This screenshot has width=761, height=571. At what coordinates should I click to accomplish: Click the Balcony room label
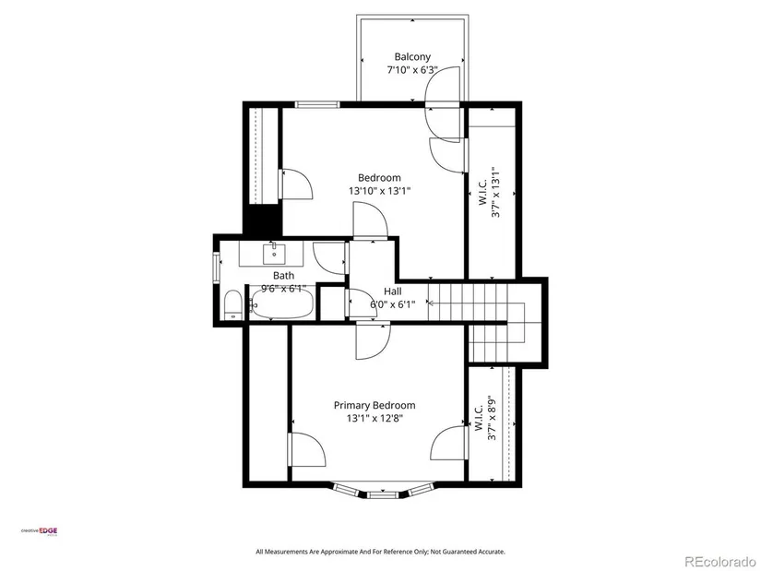(412, 57)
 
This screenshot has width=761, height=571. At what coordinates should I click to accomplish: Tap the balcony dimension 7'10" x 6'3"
(412, 70)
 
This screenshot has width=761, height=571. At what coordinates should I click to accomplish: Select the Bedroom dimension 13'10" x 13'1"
(379, 191)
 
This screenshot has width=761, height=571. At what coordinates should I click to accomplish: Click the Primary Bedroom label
(375, 406)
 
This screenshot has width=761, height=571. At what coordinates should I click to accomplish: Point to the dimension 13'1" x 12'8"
(375, 419)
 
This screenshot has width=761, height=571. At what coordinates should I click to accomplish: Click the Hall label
(393, 291)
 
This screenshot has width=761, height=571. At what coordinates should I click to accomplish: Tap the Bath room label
(283, 275)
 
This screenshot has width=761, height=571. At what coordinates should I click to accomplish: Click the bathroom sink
(274, 253)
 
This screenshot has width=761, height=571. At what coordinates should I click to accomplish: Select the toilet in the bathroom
(233, 305)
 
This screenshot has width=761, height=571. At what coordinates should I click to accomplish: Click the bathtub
(282, 303)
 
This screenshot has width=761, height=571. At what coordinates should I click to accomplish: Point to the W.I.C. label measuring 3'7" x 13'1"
(489, 192)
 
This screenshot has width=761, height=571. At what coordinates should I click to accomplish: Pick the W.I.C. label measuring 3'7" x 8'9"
(485, 418)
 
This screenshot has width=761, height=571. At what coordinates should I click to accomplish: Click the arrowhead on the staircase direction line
(430, 303)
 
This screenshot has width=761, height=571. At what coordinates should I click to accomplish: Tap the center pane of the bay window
(383, 494)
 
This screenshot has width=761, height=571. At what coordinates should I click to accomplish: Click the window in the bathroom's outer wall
(217, 267)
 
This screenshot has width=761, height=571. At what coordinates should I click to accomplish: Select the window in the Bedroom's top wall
(317, 104)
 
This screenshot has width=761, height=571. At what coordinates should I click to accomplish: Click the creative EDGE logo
(39, 531)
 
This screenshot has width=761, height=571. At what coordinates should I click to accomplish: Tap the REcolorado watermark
(719, 562)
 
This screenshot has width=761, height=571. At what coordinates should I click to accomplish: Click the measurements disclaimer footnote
(380, 552)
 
